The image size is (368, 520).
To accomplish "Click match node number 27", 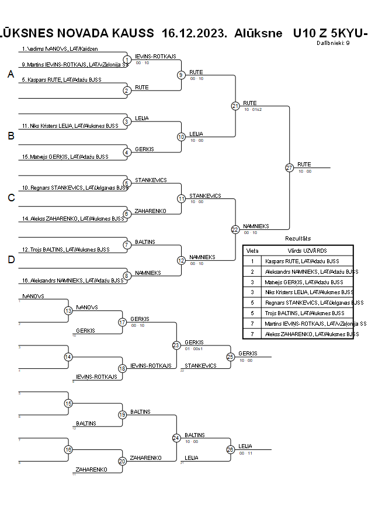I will [x=289, y=167].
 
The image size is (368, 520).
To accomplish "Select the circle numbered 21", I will [x=235, y=106].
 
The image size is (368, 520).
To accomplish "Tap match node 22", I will [x=235, y=229].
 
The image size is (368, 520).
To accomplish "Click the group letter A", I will [x=11, y=74].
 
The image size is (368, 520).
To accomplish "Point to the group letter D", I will [x=11, y=260].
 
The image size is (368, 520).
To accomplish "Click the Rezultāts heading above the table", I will [x=298, y=239].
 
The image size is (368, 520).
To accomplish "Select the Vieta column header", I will [x=252, y=250].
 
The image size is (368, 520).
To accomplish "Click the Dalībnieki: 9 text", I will [x=334, y=43].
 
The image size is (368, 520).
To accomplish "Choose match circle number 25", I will [x=231, y=356].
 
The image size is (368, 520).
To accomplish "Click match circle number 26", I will [x=231, y=449].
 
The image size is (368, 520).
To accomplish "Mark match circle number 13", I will [x=68, y=310].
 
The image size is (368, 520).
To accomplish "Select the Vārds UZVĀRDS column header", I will [x=307, y=250].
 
